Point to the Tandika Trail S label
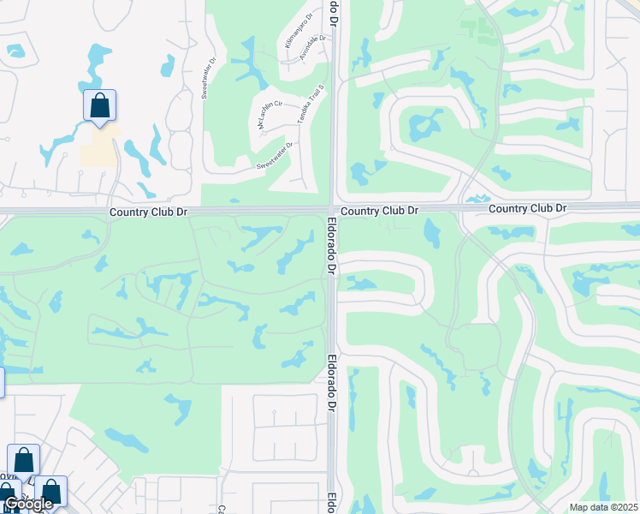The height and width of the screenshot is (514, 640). click(x=308, y=105)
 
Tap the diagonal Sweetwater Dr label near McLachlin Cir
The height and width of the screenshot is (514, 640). click(x=274, y=155)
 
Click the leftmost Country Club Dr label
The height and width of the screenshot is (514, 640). click(x=148, y=211)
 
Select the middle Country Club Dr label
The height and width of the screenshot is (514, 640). click(x=379, y=210)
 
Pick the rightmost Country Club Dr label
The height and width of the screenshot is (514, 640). click(x=527, y=208)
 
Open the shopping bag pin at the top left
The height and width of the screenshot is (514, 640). click(x=99, y=106)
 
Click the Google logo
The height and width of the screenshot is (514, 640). click(x=27, y=504)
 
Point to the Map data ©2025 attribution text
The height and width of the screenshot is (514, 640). click(x=602, y=507)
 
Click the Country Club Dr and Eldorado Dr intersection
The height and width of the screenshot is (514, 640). click(x=332, y=209)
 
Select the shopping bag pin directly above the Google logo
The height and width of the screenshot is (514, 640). click(x=23, y=460)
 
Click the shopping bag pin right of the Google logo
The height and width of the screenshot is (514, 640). click(x=50, y=492)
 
